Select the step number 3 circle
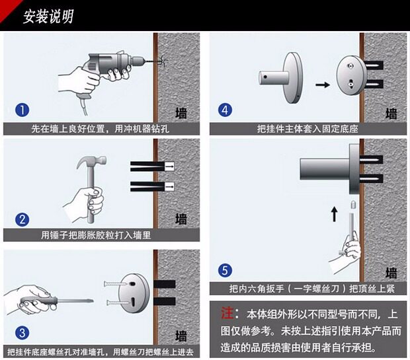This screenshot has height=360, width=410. tap(22, 332)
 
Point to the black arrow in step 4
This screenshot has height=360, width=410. tap(322, 85)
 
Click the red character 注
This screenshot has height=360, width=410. tap(227, 312)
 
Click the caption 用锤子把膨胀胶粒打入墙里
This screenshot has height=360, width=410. tap(100, 234)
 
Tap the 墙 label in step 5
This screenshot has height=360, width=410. tap(391, 272)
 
